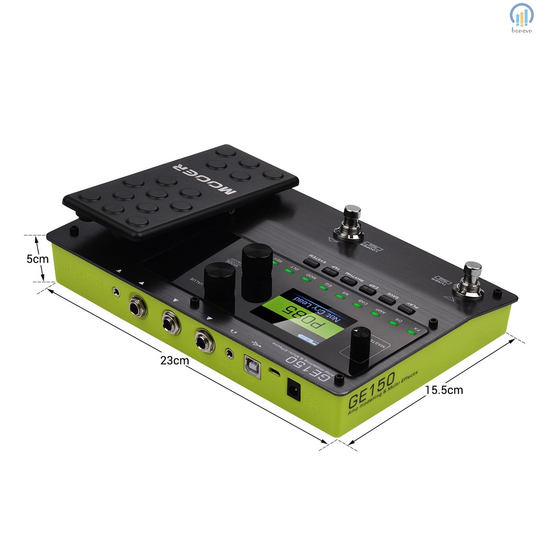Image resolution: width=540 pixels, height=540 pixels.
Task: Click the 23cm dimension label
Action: pyautogui.click(x=175, y=361)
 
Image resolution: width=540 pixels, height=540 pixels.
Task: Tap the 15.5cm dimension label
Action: pyautogui.click(x=443, y=390)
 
